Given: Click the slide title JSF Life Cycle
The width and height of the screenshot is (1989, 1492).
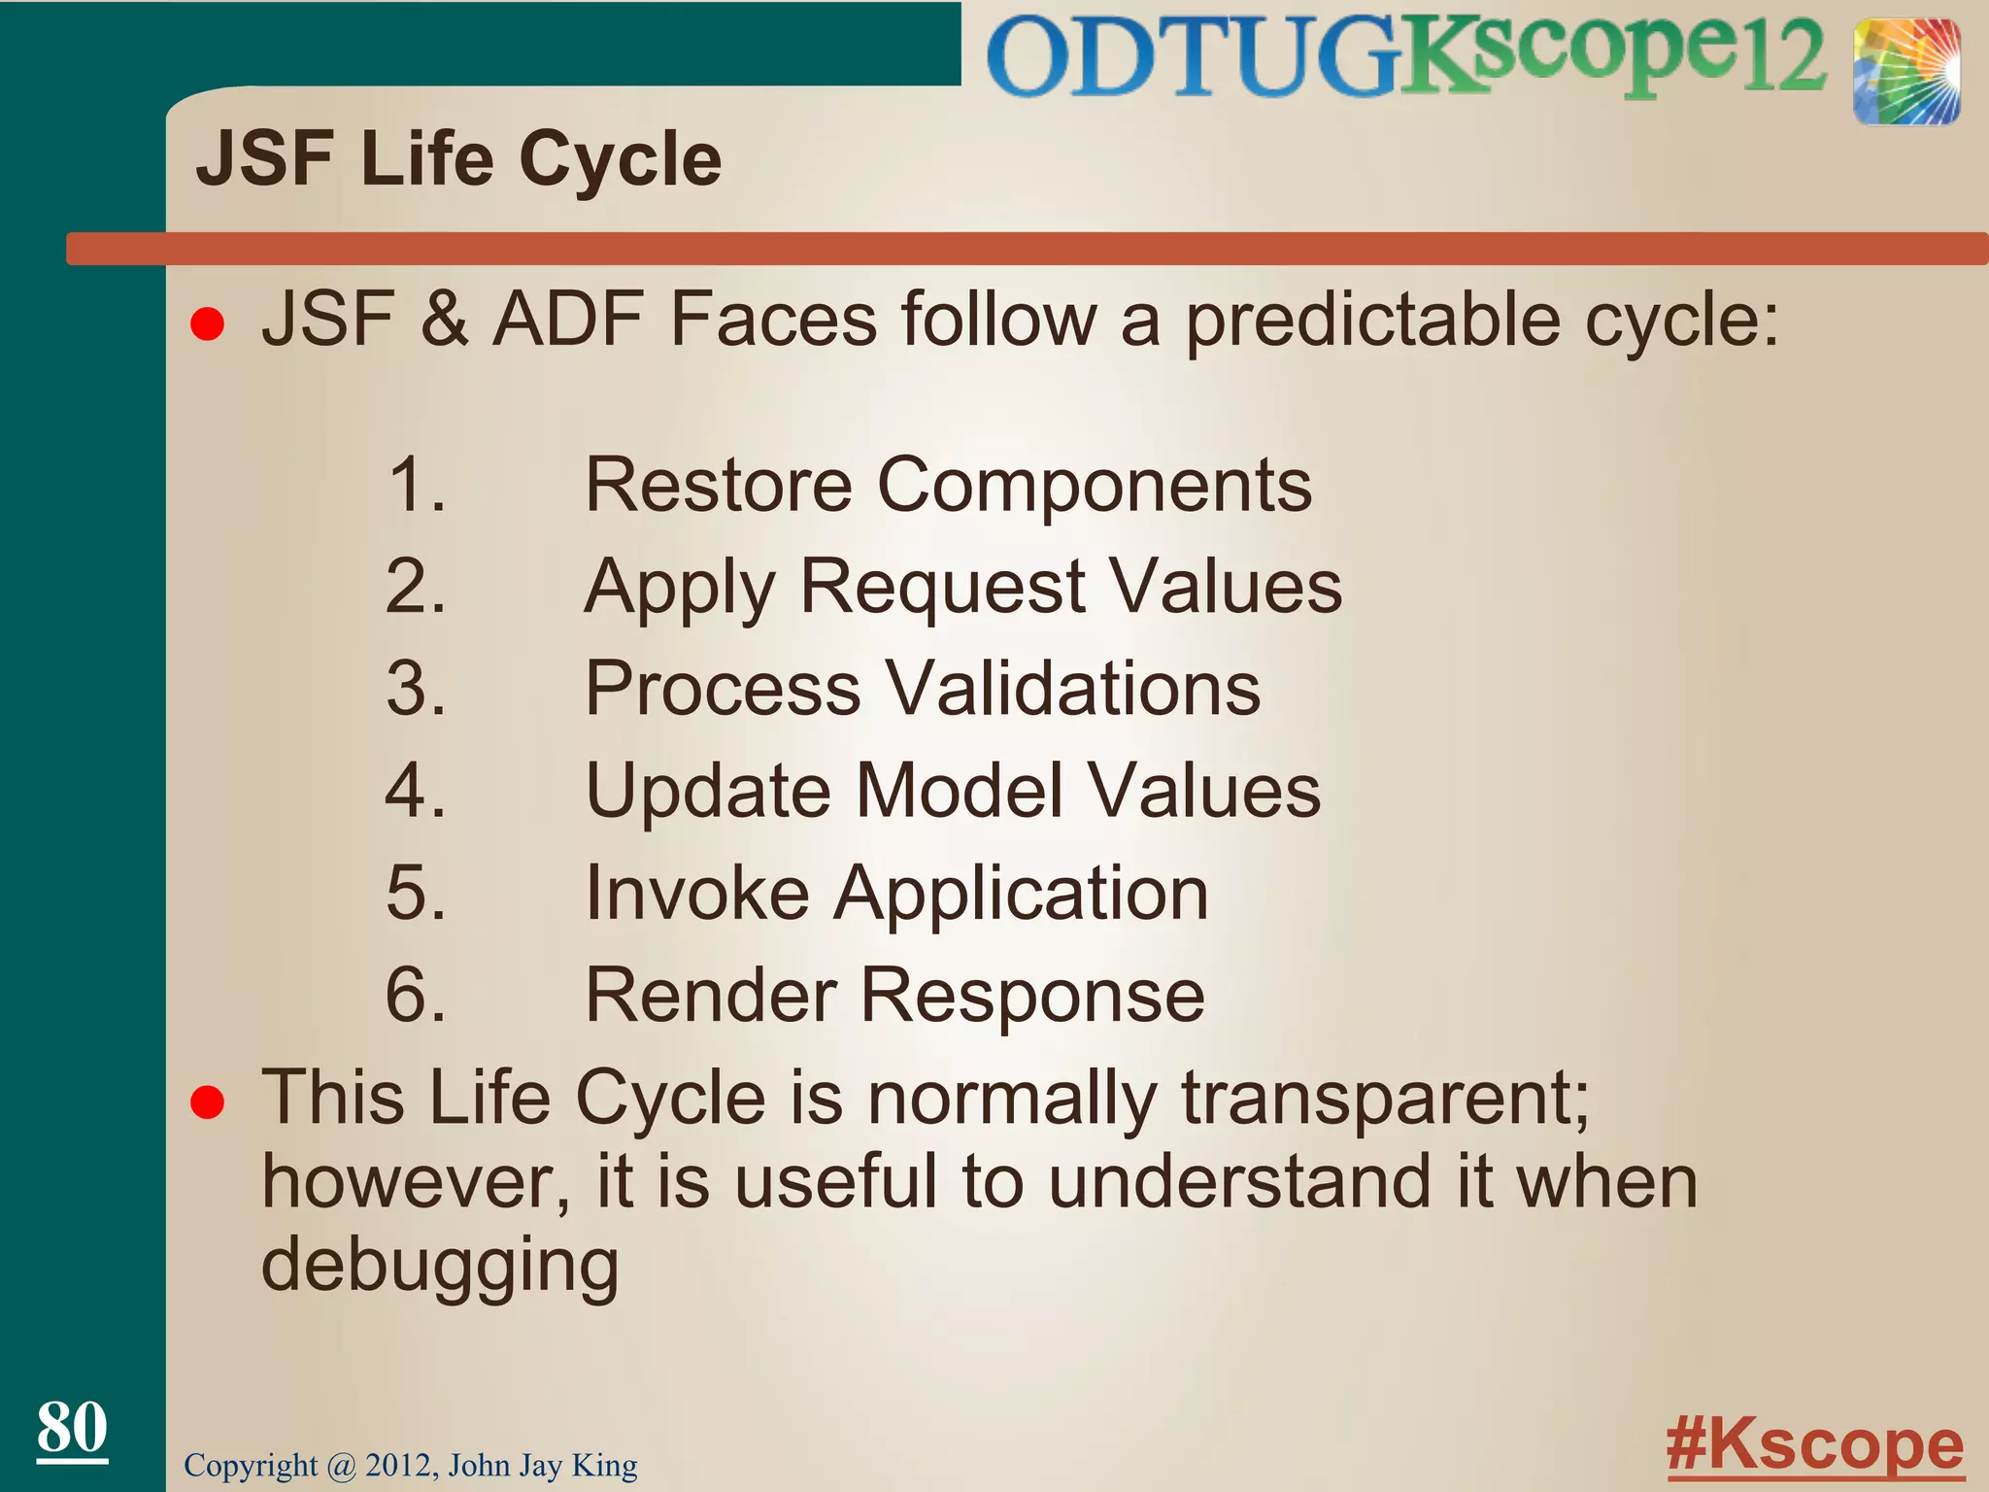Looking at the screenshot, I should (458, 159).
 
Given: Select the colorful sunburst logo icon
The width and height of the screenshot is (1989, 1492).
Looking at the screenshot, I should (1905, 72).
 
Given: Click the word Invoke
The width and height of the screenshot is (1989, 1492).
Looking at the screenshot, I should (697, 893).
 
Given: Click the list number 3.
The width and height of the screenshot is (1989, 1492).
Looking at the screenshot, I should (416, 688).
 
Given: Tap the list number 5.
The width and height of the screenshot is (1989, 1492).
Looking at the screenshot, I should (416, 893).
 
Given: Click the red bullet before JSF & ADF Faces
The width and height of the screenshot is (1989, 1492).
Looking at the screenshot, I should (208, 324).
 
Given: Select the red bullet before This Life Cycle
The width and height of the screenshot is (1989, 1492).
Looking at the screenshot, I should (208, 1103).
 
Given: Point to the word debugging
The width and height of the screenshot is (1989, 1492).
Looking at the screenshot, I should (440, 1267).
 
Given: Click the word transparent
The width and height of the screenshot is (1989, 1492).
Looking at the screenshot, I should (1384, 1100).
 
